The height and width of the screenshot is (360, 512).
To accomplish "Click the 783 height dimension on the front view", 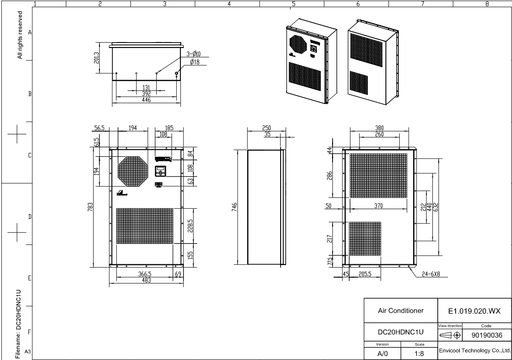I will pyautogui.click(x=90, y=207).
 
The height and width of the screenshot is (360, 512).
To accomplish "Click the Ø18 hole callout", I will pyautogui.click(x=195, y=62).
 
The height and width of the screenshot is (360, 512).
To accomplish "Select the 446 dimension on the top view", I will pyautogui.click(x=146, y=100).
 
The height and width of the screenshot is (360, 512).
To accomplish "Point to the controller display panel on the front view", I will pyautogui.click(x=161, y=172).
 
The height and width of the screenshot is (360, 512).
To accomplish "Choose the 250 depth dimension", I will pyautogui.click(x=267, y=129).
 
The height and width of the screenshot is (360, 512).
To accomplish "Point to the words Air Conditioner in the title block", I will pyautogui.click(x=400, y=311).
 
